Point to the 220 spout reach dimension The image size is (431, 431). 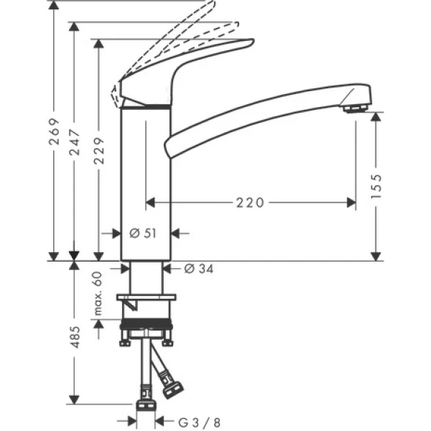[x=249, y=203]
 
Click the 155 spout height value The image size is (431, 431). [x=377, y=186]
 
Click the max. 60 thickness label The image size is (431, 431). [x=98, y=295]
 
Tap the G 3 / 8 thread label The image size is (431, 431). [x=188, y=422]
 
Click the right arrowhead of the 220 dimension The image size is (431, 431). [x=352, y=203]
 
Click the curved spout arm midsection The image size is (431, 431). [x=251, y=116]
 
